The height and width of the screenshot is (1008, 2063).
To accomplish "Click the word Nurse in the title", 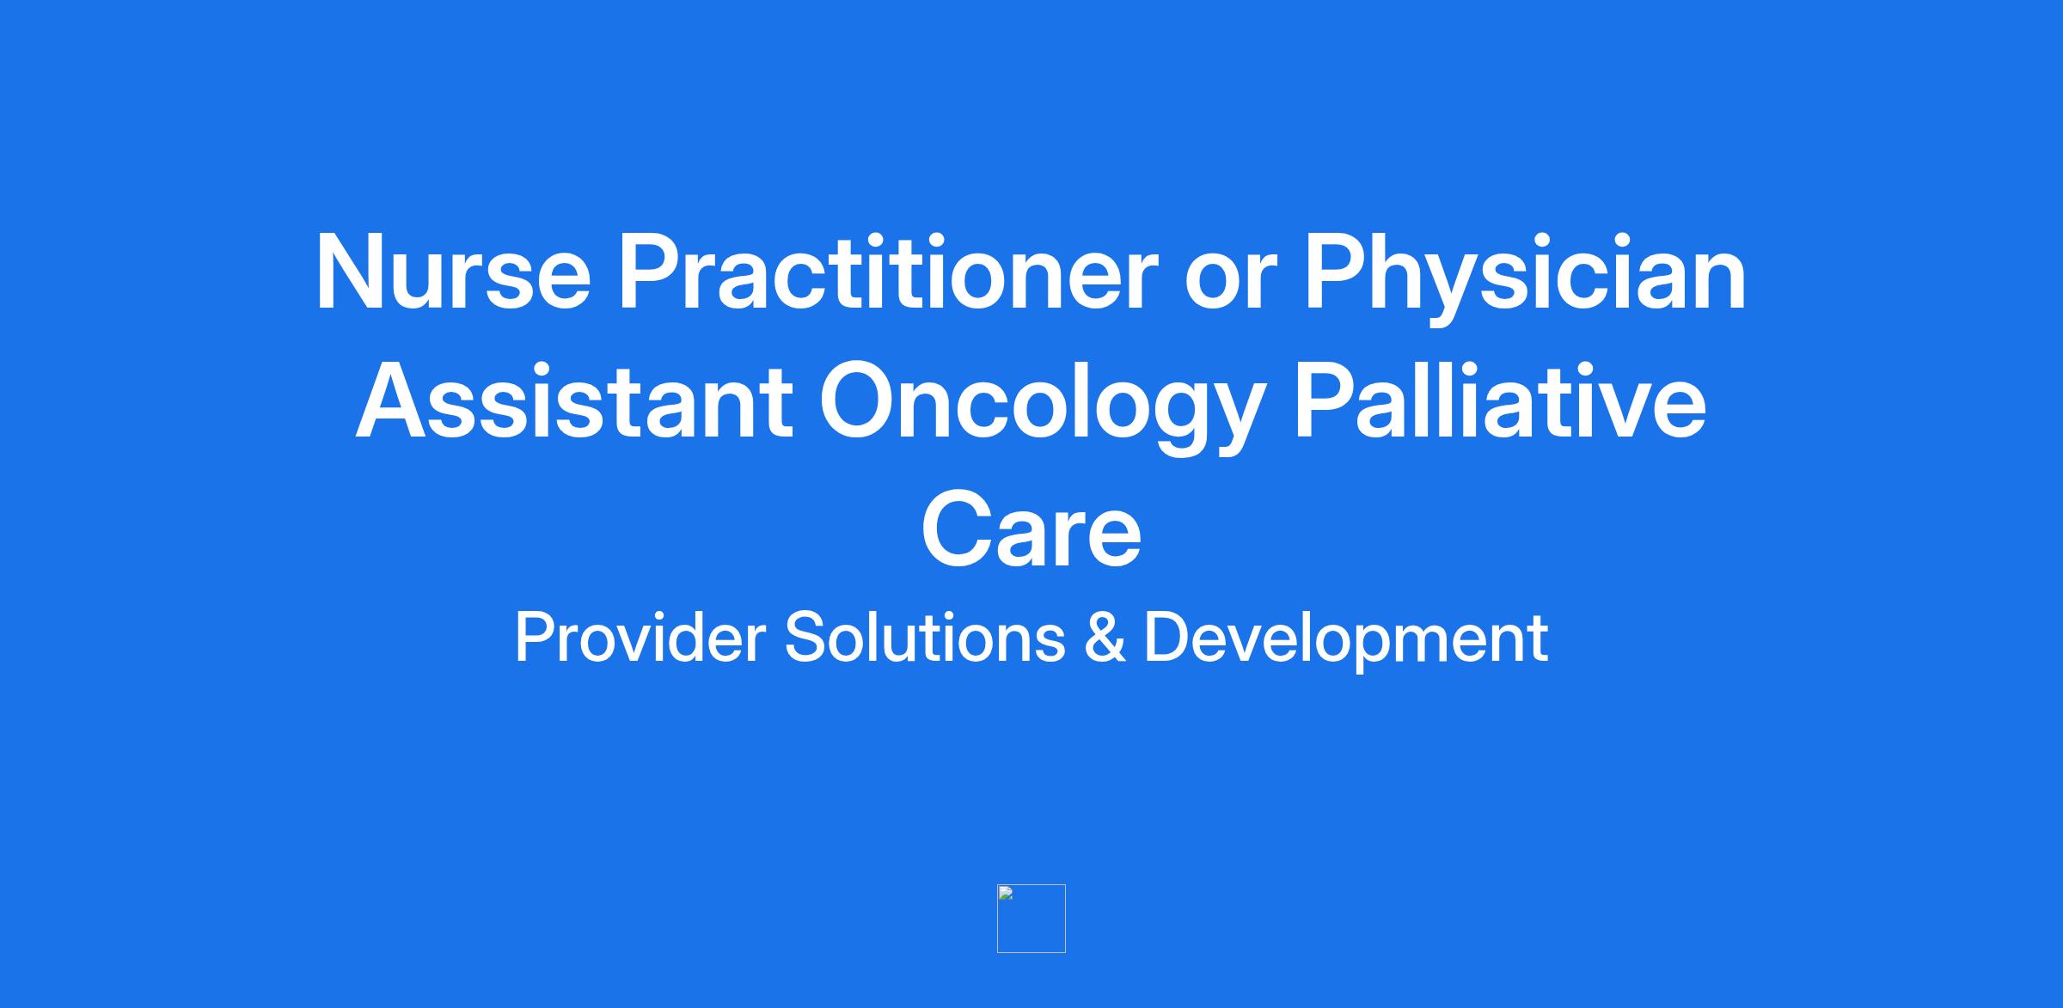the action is pos(454,272).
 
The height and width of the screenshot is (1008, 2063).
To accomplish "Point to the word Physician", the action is pos(1525,279).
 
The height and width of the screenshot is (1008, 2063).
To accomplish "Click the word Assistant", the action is pos(574,402).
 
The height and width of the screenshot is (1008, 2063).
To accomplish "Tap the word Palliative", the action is pos(1500,401).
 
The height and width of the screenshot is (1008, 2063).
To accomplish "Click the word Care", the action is pos(1031,530).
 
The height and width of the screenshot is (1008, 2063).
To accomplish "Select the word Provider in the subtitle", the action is pos(640,638).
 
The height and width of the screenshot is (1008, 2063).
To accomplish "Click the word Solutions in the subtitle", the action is pos(925,638).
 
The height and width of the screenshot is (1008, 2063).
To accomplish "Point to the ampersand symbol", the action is pos(1105,638).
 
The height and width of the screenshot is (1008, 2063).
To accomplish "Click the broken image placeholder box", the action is pos(1031,919).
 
